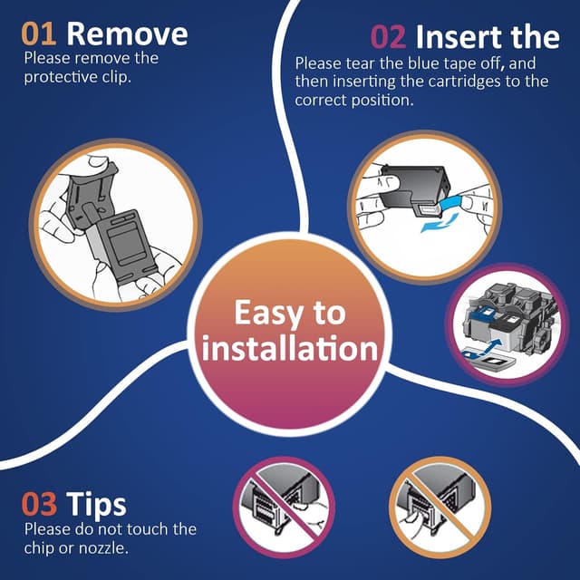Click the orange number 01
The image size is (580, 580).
[x=39, y=34]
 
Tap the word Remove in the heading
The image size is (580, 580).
[x=127, y=34]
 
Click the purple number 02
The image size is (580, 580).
[x=388, y=37]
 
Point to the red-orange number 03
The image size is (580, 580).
[x=39, y=504]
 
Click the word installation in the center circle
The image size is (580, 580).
[x=290, y=348]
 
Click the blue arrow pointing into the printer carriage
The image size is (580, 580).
[x=493, y=345]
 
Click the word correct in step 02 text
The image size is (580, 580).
[x=321, y=101]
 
